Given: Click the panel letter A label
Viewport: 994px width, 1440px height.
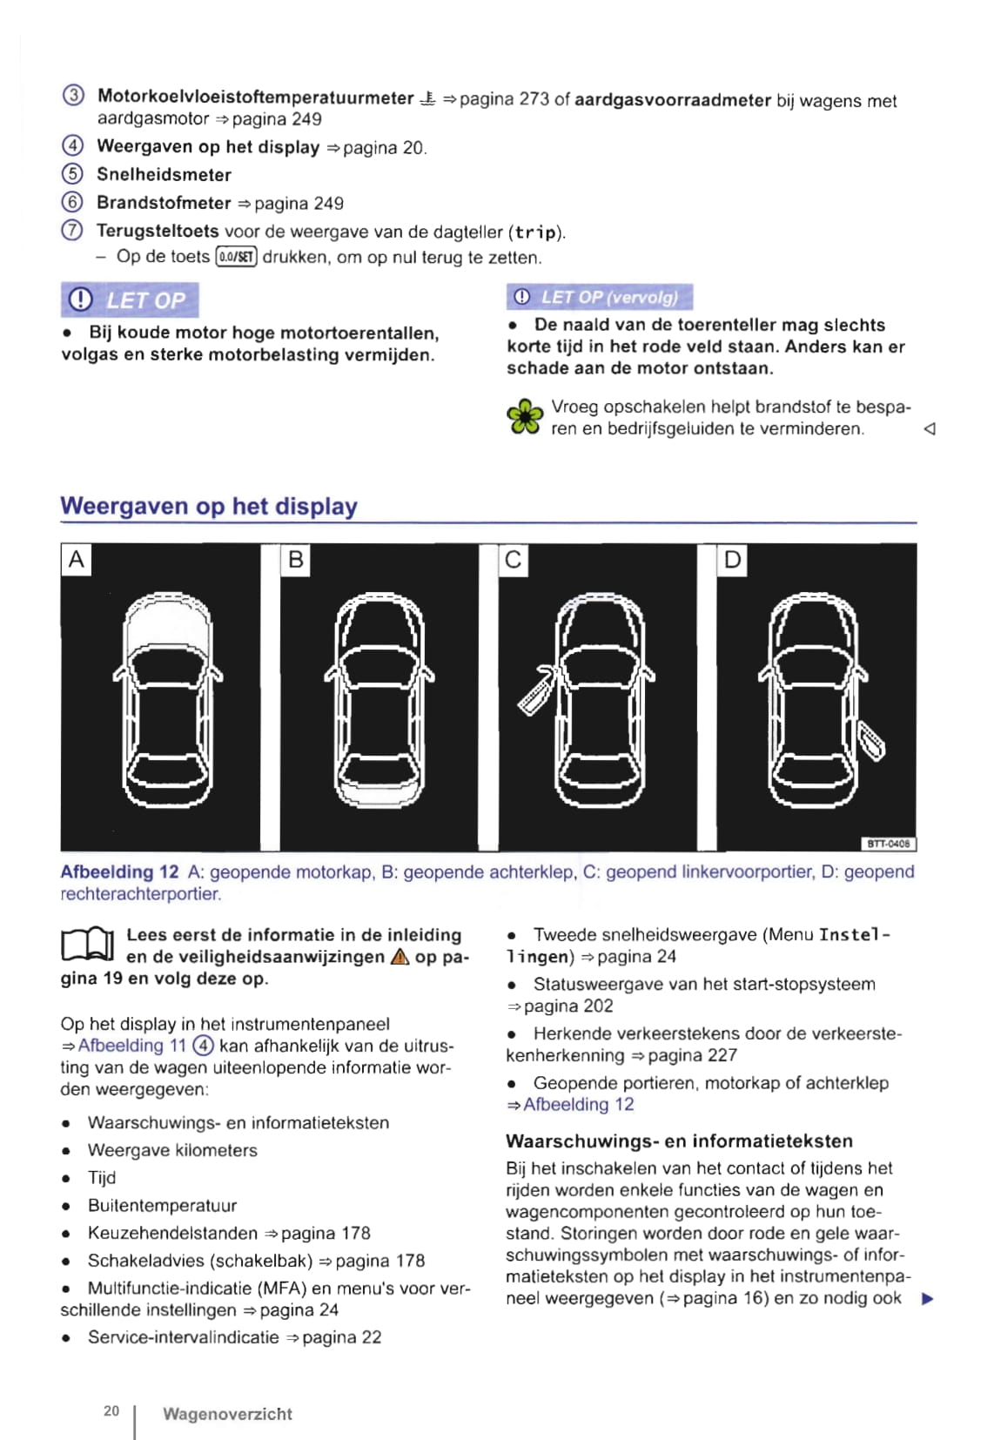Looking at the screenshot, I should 76,559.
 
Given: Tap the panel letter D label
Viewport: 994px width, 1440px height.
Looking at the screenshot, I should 733,559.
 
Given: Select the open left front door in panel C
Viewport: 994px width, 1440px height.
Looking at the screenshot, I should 536,692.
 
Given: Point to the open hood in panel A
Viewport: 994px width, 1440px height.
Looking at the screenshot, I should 166,622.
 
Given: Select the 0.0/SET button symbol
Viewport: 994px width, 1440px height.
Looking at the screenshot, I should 236,257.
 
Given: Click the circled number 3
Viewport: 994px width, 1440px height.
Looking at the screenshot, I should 73,96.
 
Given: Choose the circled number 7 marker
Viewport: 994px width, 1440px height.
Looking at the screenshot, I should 72,231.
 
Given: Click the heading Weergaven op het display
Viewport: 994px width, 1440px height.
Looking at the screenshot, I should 209,506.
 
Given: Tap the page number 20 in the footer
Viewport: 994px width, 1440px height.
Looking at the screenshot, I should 111,1410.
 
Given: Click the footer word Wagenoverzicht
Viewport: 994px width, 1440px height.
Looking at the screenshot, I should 227,1414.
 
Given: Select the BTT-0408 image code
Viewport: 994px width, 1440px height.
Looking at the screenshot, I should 889,844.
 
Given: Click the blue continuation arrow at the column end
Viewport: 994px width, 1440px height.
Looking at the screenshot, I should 927,1299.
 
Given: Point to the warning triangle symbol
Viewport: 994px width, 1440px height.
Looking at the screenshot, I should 400,957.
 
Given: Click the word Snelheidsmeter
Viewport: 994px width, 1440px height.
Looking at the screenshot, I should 164,174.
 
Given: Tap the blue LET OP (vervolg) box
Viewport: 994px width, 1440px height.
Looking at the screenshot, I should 600,297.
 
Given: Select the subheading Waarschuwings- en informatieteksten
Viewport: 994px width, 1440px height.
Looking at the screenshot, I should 679,1141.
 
